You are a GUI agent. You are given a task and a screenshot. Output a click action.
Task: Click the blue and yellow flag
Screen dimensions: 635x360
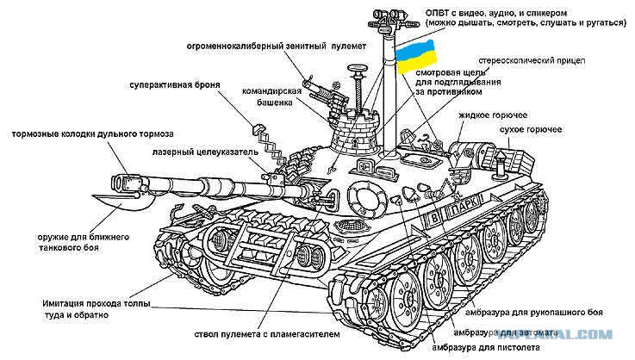tap(416, 56)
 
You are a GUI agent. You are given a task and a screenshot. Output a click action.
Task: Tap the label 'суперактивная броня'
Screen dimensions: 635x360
tap(175, 85)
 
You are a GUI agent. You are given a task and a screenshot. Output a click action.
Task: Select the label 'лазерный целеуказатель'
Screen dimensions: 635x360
tap(205, 152)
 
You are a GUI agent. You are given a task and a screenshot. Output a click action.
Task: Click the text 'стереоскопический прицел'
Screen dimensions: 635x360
tap(532, 61)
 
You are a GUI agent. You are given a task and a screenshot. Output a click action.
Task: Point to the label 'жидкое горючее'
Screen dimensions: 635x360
tap(493, 115)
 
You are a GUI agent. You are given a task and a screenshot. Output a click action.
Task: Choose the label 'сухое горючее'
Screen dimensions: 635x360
tap(531, 129)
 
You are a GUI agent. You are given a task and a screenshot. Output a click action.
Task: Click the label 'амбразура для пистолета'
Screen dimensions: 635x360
tap(486, 347)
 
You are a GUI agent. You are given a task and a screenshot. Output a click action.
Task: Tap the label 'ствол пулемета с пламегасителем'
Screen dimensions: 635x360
tap(267, 334)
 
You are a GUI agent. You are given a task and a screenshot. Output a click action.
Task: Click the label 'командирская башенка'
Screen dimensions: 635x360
tap(272, 96)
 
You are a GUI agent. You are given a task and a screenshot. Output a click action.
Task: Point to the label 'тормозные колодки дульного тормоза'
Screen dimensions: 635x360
tap(92, 134)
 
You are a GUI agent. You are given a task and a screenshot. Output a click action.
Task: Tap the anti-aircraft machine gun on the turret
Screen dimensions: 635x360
tap(327, 95)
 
